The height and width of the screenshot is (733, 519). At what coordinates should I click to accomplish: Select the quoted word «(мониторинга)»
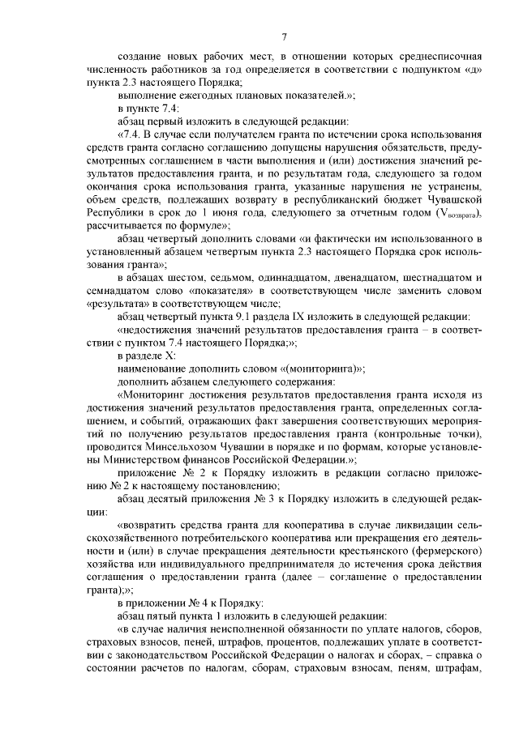(x=324, y=368)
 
